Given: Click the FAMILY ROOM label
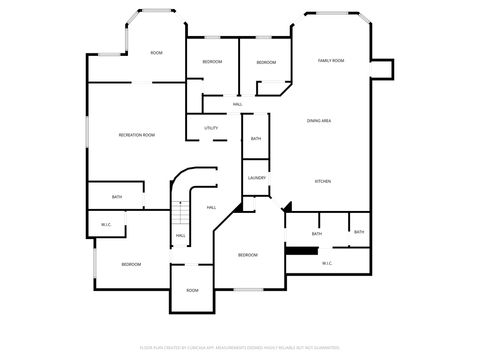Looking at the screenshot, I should pos(331,61).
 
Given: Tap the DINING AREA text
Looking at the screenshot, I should pos(319,120).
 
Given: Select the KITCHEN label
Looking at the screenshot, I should pos(323,181).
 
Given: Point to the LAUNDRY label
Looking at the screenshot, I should pos(256,178).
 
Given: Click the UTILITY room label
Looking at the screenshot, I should pos(211,128).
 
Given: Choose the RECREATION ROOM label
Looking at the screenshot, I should pos(136,135).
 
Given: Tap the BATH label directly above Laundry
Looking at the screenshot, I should pos(256,139).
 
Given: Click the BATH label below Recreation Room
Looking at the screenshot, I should pos(117,197).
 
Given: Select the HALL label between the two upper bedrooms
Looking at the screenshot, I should pos(237,104).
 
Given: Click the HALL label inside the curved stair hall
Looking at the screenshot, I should pos(211,207).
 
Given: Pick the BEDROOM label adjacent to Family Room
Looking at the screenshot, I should pos(266,63).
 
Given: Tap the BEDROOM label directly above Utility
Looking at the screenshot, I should pos(212,62).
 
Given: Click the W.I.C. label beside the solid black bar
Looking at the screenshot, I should pos(327,263).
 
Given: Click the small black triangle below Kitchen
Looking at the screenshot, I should pos(287,208).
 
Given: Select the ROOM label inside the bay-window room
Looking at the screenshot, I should pos(156,52).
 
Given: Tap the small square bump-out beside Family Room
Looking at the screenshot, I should pos(382,67).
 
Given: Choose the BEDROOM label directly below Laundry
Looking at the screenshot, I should pos(248,256).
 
